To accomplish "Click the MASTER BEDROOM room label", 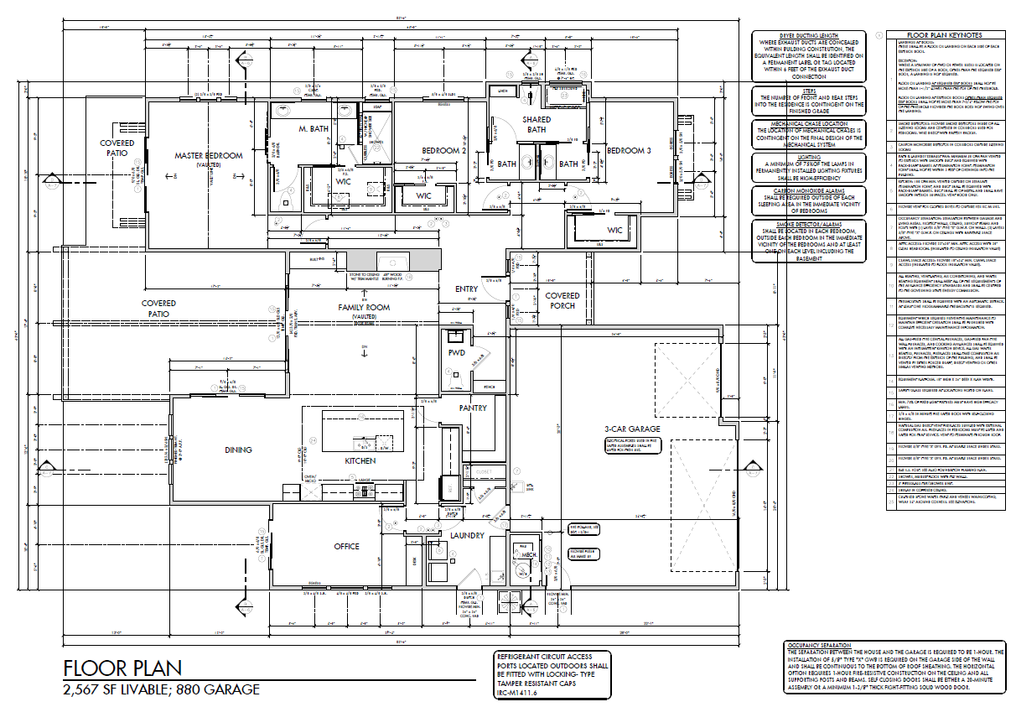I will [209, 156].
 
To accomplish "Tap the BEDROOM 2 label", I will [443, 151].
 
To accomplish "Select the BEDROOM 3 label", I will [629, 151].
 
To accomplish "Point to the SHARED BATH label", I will [537, 125].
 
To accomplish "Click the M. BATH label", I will [314, 130].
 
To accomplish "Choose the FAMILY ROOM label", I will [364, 308].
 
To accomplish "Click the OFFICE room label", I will [346, 547].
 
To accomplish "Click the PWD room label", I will [457, 353].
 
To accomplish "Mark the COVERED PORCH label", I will [562, 300].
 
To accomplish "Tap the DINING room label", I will [238, 450].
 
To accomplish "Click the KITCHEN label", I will [360, 461].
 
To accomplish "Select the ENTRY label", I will [467, 289].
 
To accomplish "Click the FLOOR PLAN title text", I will [122, 669].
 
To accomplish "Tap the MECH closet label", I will [529, 554].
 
